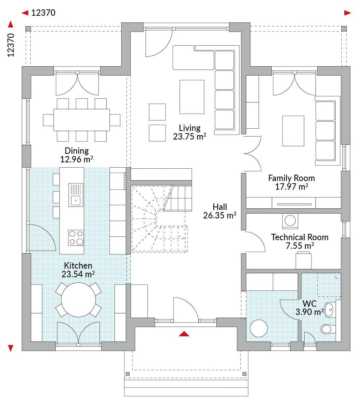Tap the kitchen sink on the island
(76, 195)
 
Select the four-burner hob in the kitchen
(76, 238)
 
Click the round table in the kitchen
(78, 300)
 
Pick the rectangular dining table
(82, 120)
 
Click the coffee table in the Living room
(192, 97)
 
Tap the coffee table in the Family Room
(293, 131)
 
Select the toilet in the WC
(328, 329)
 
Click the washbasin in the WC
(330, 310)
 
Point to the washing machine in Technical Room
(290, 221)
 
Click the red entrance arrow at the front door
(184, 334)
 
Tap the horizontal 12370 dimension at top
(43, 13)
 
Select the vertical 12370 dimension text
(10, 45)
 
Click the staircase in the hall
(162, 218)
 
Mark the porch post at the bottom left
(128, 374)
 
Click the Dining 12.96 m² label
(77, 155)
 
